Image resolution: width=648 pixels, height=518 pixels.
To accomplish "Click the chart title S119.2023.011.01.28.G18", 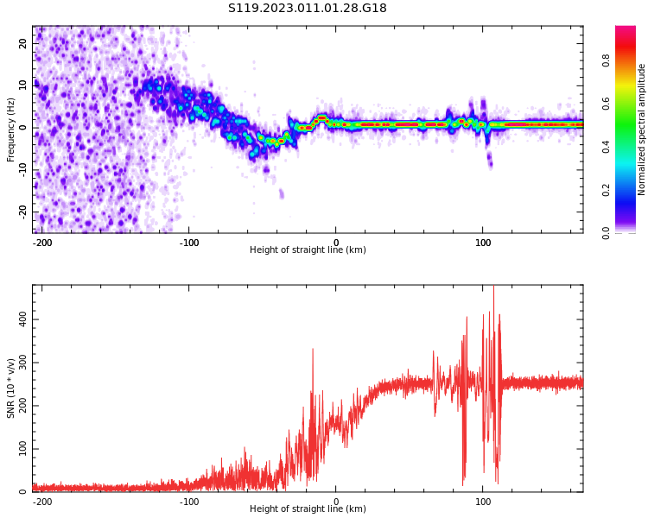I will [x=308, y=9].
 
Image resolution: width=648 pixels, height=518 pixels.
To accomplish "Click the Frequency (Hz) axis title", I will [x=11, y=129].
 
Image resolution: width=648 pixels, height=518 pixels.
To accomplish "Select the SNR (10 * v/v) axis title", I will [x=11, y=388].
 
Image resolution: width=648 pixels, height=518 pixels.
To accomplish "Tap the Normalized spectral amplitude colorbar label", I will [x=642, y=129].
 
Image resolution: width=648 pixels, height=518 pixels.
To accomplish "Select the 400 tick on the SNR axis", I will [x=20, y=319].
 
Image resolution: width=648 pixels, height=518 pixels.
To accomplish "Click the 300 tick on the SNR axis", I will [x=20, y=363].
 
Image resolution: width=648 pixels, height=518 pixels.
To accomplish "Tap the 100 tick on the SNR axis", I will [x=20, y=449].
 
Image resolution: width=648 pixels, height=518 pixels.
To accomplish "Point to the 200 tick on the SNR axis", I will [x=20, y=406].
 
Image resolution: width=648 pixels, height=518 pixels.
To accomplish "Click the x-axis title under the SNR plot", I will [x=308, y=509].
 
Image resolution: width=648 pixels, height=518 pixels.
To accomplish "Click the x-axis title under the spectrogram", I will [x=308, y=250].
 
